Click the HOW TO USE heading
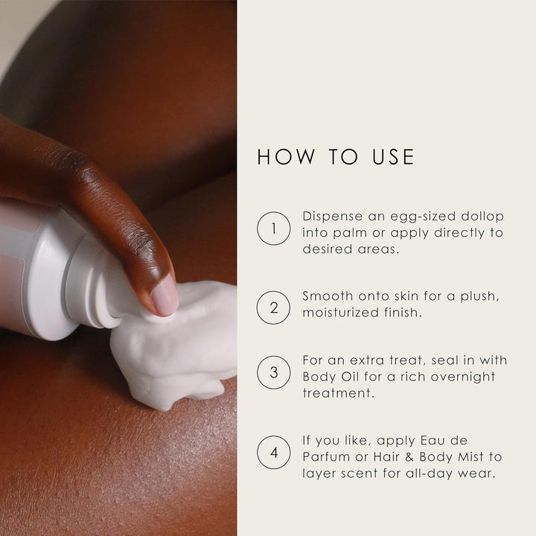335,157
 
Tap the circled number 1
273,229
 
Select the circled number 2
273,307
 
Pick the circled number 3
273,372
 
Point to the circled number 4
273,452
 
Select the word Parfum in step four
328,456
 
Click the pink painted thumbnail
165,295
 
